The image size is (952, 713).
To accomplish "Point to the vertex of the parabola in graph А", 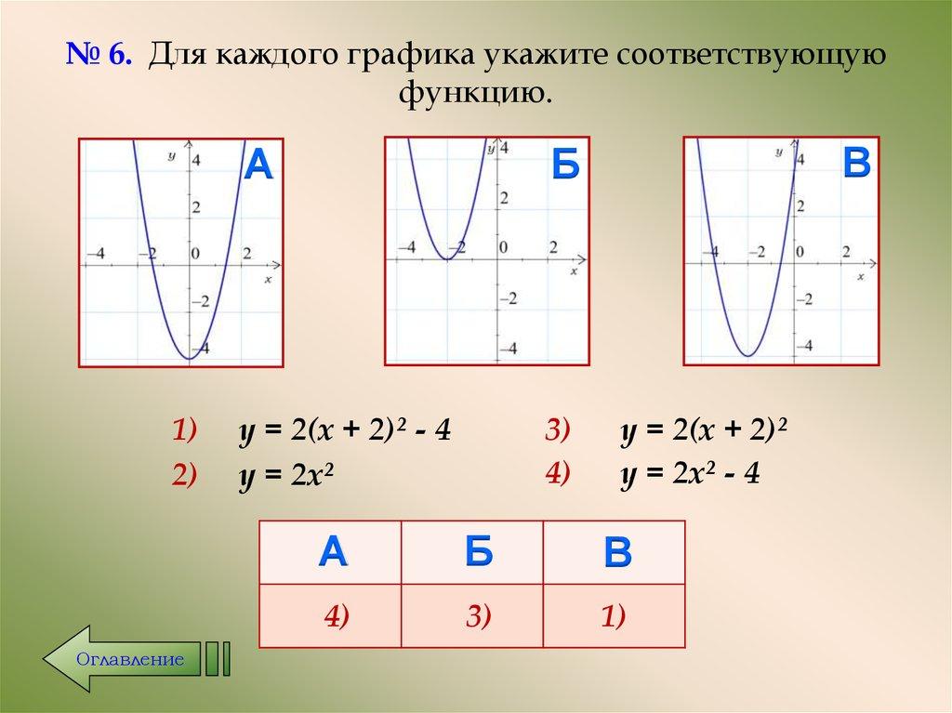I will pyautogui.click(x=189, y=358).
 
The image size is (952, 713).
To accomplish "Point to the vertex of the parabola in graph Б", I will pyautogui.click(x=447, y=258).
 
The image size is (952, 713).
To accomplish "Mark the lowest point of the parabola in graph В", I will pyautogui.click(x=747, y=356).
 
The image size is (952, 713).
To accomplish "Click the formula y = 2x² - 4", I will pyautogui.click(x=692, y=474).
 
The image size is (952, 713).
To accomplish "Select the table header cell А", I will pyautogui.click(x=332, y=551).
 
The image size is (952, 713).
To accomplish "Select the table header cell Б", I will pyautogui.click(x=473, y=551).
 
